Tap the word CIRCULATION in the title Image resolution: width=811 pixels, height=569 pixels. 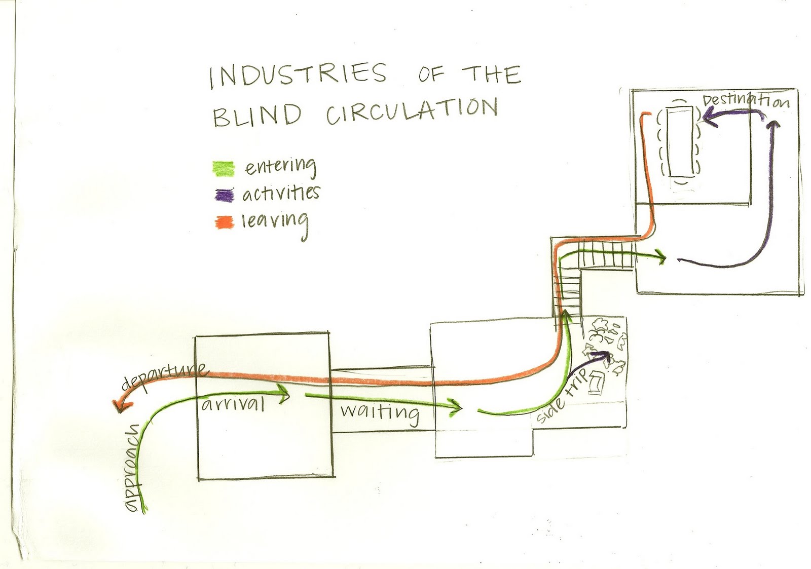tap(411, 110)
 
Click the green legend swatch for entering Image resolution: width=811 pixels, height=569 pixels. tap(224, 168)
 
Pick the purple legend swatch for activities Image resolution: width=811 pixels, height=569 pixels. tap(224, 195)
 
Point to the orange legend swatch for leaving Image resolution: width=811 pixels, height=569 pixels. tap(224, 222)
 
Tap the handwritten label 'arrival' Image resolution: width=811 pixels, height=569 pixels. tap(233, 404)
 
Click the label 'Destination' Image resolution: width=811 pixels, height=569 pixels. tap(746, 100)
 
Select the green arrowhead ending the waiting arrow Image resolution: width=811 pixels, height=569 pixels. tap(457, 406)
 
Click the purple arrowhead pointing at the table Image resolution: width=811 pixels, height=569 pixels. tap(706, 118)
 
